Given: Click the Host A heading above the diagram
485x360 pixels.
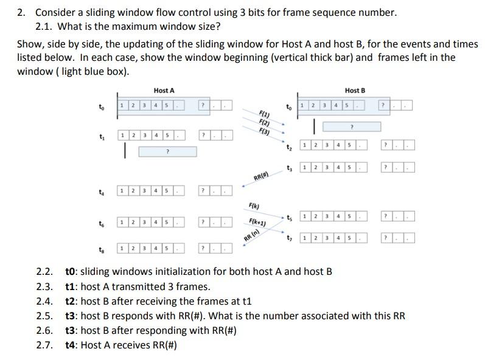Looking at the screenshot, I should pos(164,91).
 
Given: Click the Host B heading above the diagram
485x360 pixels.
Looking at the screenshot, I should pos(355,91).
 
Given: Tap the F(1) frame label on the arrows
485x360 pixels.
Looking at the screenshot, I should pos(265,114).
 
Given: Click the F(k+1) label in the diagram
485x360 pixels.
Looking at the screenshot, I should pos(257,221).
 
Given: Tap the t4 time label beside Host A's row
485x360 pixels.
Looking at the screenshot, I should pos(100,192).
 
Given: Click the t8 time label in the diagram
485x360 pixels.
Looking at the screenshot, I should pos(100,249).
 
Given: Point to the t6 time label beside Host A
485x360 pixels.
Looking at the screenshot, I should pos(100,223).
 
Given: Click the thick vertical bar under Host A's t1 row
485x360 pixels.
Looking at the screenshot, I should pos(125,151).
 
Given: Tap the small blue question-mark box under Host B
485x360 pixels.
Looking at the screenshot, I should pos(351,126).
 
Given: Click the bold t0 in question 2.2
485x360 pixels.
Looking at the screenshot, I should pos(71,271).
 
